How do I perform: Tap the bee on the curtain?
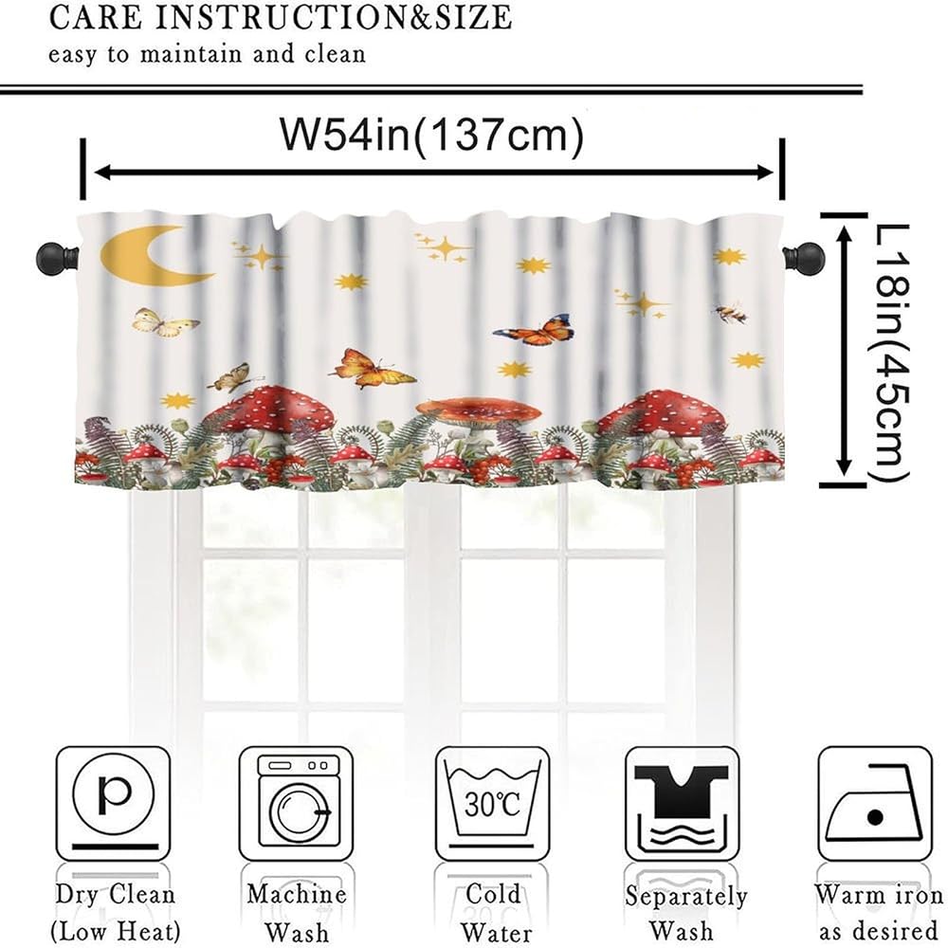tap(731, 313)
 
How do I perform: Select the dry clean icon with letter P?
tap(113, 803)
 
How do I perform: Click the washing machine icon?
tap(295, 803)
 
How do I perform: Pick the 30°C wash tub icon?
tap(492, 803)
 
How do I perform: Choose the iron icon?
tap(874, 803)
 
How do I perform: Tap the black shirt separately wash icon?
tap(683, 803)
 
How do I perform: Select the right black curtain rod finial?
tap(807, 256)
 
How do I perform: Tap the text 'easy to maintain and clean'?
tap(208, 54)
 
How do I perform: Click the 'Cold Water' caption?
tap(493, 912)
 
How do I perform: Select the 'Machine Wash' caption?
tap(296, 912)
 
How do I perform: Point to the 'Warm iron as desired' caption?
tap(878, 912)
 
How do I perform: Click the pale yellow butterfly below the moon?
tap(165, 323)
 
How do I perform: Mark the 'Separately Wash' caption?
tap(686, 913)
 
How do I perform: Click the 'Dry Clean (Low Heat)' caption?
tap(115, 912)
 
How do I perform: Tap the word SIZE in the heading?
tap(464, 17)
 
